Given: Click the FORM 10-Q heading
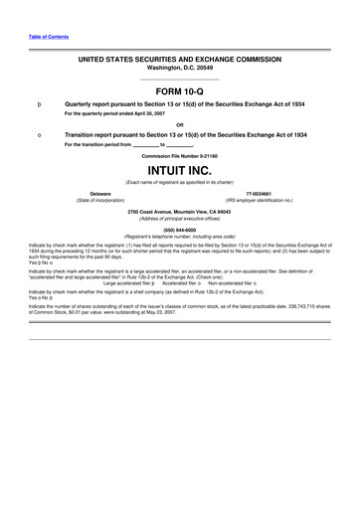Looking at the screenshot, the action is pos(179,90).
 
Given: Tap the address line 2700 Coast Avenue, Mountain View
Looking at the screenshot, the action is pos(179,211).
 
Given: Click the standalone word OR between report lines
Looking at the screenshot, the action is pos(179,123).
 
